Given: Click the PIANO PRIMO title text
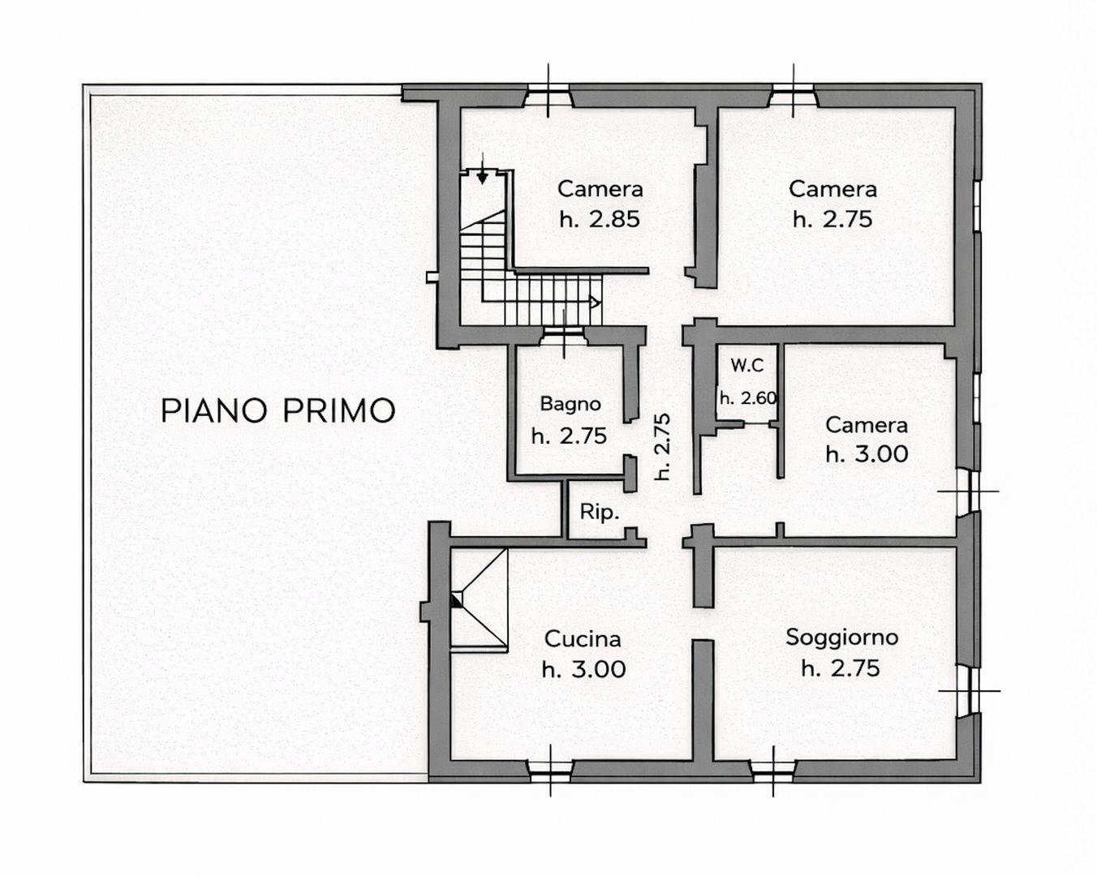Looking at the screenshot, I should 277,410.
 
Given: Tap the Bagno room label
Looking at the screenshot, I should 570,404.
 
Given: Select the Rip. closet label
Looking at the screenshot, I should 599,512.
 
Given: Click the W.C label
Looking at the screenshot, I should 746,366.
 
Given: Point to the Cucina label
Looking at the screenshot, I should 583,639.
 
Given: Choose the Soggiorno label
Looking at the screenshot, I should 841,638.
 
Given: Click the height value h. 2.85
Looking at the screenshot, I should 600,219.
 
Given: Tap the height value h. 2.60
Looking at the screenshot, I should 748,398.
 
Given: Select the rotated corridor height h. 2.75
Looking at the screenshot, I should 663,446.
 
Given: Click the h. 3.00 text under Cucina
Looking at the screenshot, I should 583,670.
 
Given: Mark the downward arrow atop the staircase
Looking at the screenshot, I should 483,176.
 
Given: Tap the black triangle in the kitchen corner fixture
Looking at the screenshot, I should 456,599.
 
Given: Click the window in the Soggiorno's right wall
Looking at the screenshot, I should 967,691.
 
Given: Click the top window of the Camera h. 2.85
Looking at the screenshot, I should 548,96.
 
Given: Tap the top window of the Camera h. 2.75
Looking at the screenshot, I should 794,96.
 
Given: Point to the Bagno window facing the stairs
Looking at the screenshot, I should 564,333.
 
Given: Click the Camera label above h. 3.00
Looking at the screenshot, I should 866,425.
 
